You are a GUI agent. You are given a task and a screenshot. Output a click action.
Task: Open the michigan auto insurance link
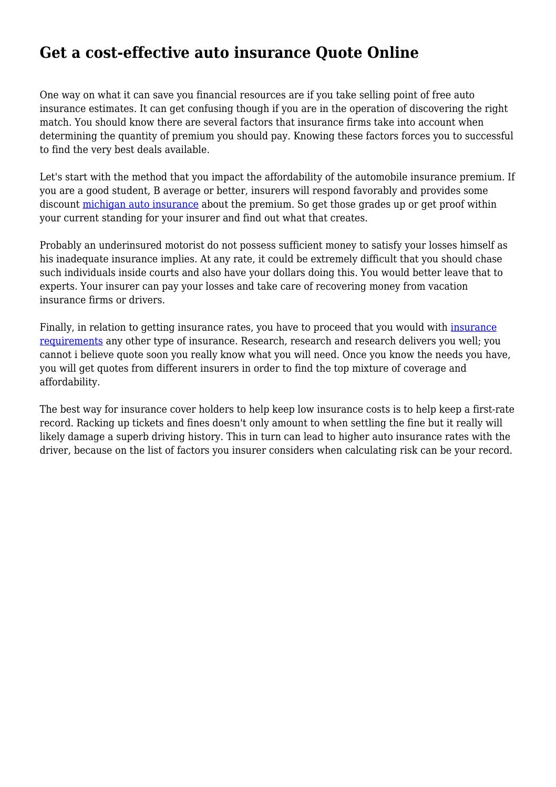140,204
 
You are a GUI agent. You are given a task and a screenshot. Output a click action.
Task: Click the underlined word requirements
71,341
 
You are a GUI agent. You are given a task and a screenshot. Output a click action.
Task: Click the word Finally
57,327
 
